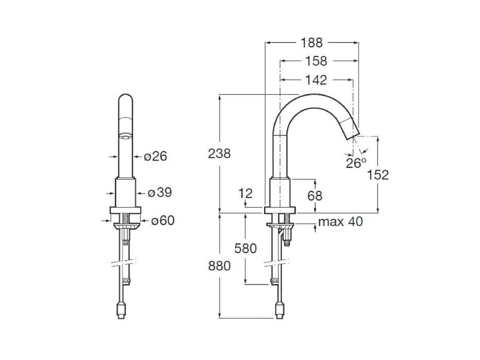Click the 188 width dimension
[x=312, y=43]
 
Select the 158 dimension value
[x=316, y=61]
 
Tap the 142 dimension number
[x=316, y=80]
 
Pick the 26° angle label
[x=355, y=163]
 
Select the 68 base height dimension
[x=314, y=195]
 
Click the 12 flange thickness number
[x=246, y=193]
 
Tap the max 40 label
[x=340, y=222]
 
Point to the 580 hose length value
[x=245, y=249]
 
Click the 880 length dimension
[x=219, y=265]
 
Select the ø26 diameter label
[x=155, y=156]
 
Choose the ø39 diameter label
[x=159, y=193]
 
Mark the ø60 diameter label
[x=162, y=221]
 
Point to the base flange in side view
[x=280, y=210]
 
